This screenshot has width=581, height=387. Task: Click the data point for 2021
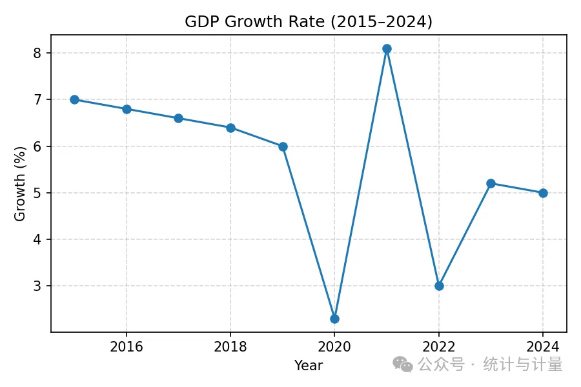click(387, 48)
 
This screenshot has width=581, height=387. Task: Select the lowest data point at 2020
click(334, 319)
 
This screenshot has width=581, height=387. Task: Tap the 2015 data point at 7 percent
click(74, 99)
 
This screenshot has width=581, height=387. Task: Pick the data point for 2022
click(439, 286)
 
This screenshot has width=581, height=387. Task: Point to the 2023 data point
click(491, 183)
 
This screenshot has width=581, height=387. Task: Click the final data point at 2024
click(543, 193)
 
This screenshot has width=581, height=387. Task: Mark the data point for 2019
click(283, 146)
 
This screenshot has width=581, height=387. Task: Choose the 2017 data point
click(178, 118)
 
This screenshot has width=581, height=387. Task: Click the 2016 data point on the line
click(127, 109)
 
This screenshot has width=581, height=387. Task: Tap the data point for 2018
click(230, 128)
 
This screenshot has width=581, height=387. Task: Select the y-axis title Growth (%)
click(20, 184)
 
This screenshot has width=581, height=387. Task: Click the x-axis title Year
click(309, 365)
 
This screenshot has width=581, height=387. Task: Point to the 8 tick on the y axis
click(37, 53)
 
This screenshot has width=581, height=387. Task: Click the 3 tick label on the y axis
click(37, 286)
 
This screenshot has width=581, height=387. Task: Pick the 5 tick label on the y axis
click(37, 193)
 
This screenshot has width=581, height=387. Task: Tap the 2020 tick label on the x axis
click(334, 346)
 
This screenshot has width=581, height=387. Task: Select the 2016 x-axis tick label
click(127, 346)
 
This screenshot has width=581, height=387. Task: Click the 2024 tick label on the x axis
click(543, 346)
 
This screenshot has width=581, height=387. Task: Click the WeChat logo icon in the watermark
click(403, 364)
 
